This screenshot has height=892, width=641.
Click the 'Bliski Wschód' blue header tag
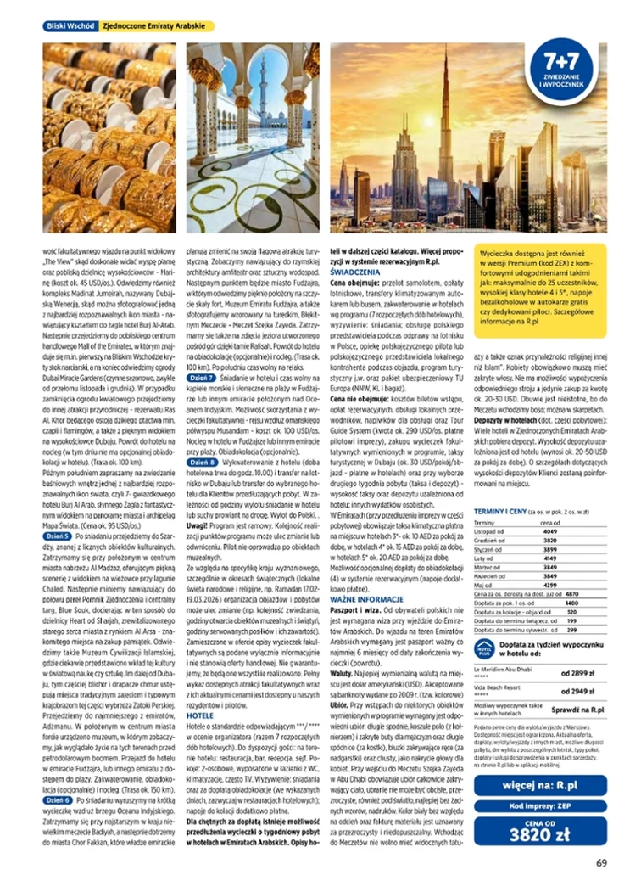click(x=70, y=26)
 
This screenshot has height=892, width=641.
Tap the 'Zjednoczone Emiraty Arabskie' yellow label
click(x=156, y=26)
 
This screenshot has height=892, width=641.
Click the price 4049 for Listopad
click(x=553, y=531)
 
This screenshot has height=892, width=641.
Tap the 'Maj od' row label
click(x=486, y=586)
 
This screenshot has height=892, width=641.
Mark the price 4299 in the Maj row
click(x=553, y=586)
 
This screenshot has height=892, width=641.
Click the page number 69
click(x=600, y=863)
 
